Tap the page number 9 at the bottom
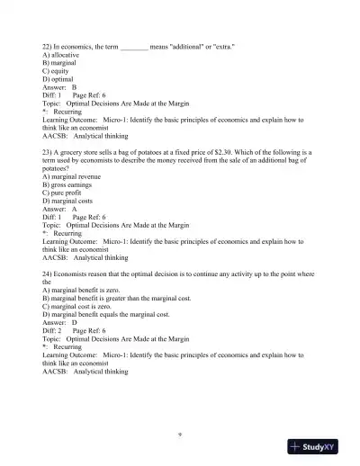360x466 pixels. coord(181,435)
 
